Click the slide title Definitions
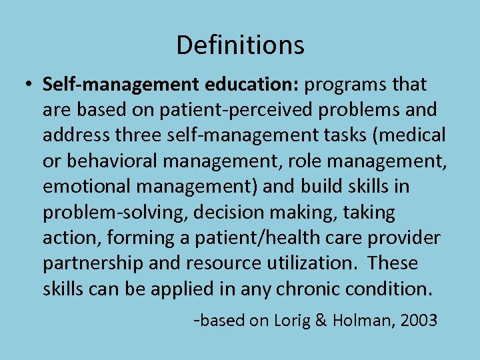(x=240, y=45)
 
